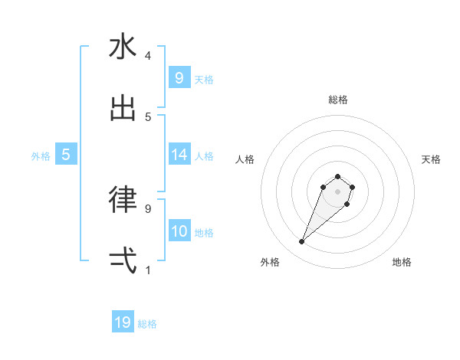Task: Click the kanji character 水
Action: click(123, 47)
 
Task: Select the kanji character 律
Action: click(123, 199)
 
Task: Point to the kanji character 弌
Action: click(123, 260)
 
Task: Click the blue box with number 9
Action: click(179, 77)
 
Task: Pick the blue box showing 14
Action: click(179, 155)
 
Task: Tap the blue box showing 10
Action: click(179, 231)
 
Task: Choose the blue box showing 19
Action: click(123, 322)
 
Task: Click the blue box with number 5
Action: click(66, 155)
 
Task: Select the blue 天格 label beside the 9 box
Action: click(204, 80)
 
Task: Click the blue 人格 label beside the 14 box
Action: click(204, 156)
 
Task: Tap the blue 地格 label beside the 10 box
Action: click(204, 233)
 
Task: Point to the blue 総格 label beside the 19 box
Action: click(147, 324)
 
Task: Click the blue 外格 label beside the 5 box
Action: click(41, 156)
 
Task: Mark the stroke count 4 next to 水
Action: click(148, 56)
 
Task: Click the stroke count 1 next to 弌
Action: click(148, 270)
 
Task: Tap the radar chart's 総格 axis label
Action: click(337, 100)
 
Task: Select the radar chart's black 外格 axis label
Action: click(270, 262)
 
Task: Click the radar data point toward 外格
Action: click(302, 242)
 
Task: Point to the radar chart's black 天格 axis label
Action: click(431, 159)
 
